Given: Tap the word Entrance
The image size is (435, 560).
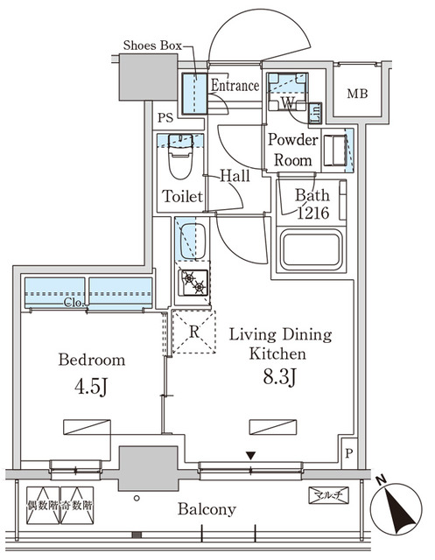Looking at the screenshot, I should point(235,86).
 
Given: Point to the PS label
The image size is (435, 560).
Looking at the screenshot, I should point(165,117).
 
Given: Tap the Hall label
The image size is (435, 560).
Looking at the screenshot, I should point(235,176).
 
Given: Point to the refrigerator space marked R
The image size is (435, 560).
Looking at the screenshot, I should point(193,332).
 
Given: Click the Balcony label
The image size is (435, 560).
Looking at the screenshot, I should point(207,509).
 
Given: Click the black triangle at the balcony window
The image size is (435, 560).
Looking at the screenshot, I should point(251,455).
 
